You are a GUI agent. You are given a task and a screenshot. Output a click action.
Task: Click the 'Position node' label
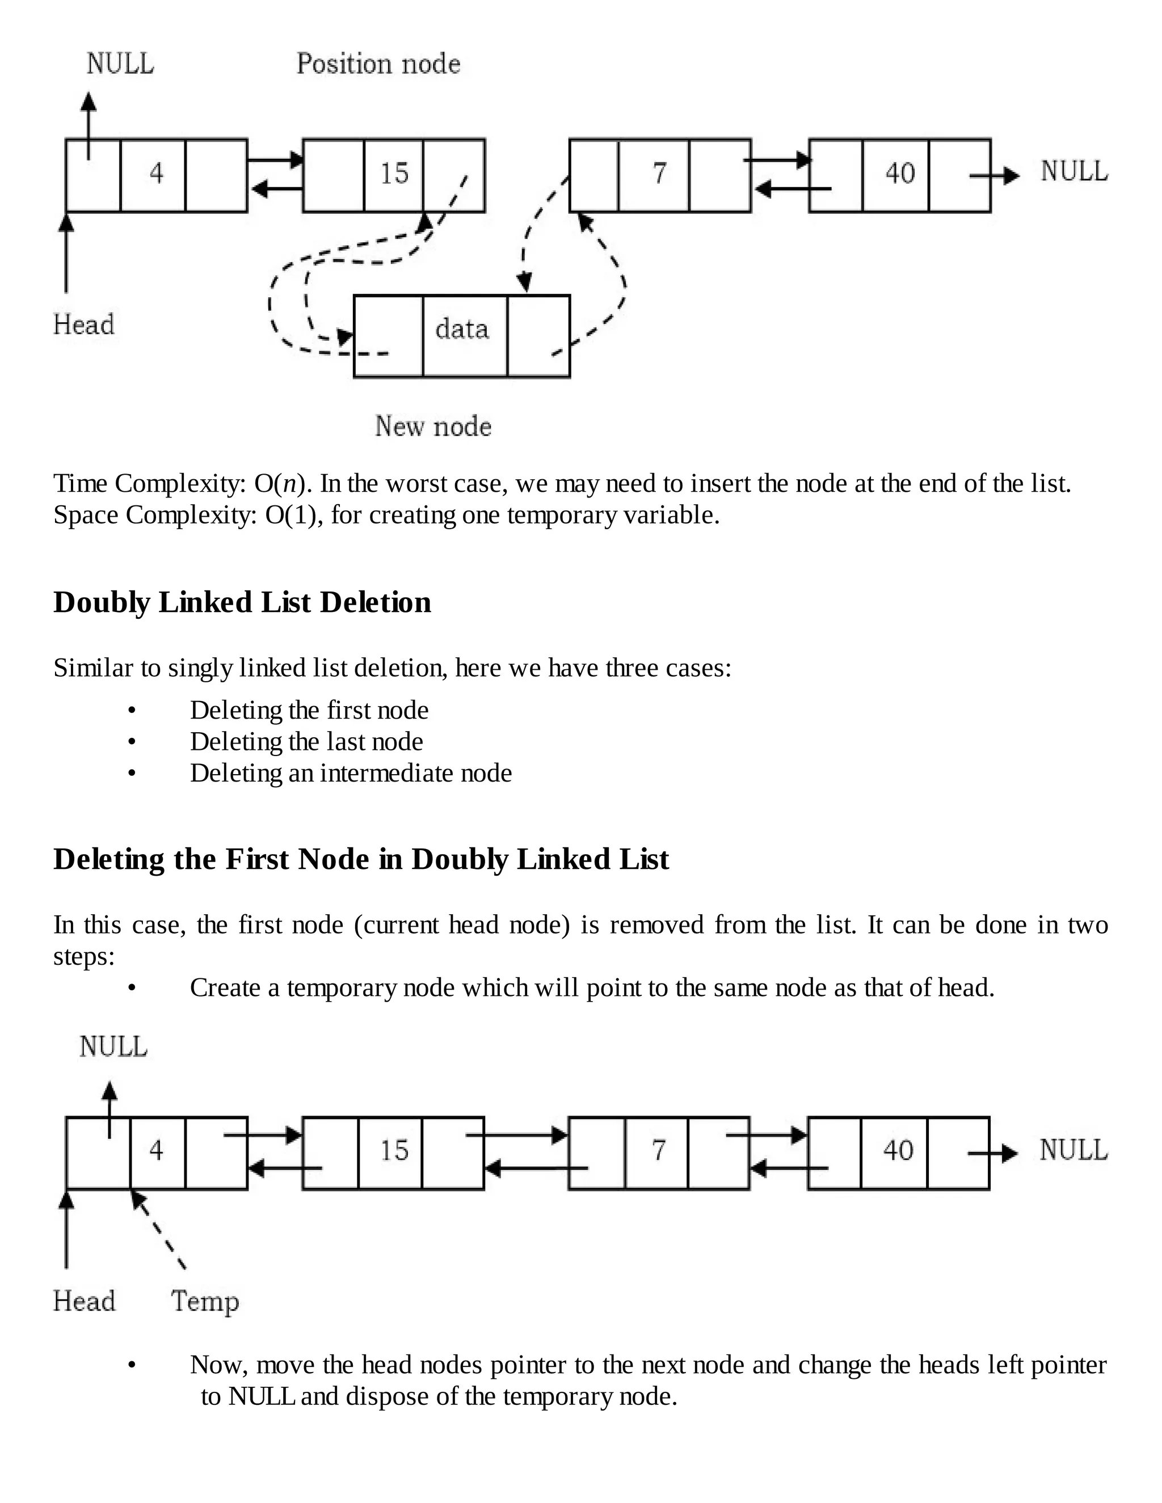(x=378, y=64)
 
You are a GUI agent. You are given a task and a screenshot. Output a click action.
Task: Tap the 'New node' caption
(x=433, y=426)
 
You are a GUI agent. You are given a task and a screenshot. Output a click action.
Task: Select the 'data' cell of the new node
(x=462, y=329)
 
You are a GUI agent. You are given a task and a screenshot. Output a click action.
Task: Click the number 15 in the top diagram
(x=394, y=174)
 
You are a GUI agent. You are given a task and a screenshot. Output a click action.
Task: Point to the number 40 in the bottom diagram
(x=898, y=1150)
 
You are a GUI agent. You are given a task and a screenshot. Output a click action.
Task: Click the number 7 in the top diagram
(x=659, y=173)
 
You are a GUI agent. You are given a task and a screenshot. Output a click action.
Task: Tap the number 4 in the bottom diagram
(x=156, y=1150)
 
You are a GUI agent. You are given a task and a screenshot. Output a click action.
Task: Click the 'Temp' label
(x=204, y=1301)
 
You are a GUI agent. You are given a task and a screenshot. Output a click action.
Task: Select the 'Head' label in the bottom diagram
(x=84, y=1301)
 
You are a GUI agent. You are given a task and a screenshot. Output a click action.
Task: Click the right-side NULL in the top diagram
(x=1074, y=171)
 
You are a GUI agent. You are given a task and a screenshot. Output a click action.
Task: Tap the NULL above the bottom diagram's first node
(x=113, y=1047)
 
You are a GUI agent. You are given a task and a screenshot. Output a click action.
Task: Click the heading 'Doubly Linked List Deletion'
(x=242, y=602)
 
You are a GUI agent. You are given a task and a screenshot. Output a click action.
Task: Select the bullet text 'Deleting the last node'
(x=306, y=742)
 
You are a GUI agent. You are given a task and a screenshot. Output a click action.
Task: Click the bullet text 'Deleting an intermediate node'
(x=351, y=773)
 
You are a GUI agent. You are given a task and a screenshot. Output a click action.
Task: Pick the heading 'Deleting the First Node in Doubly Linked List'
(x=361, y=859)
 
